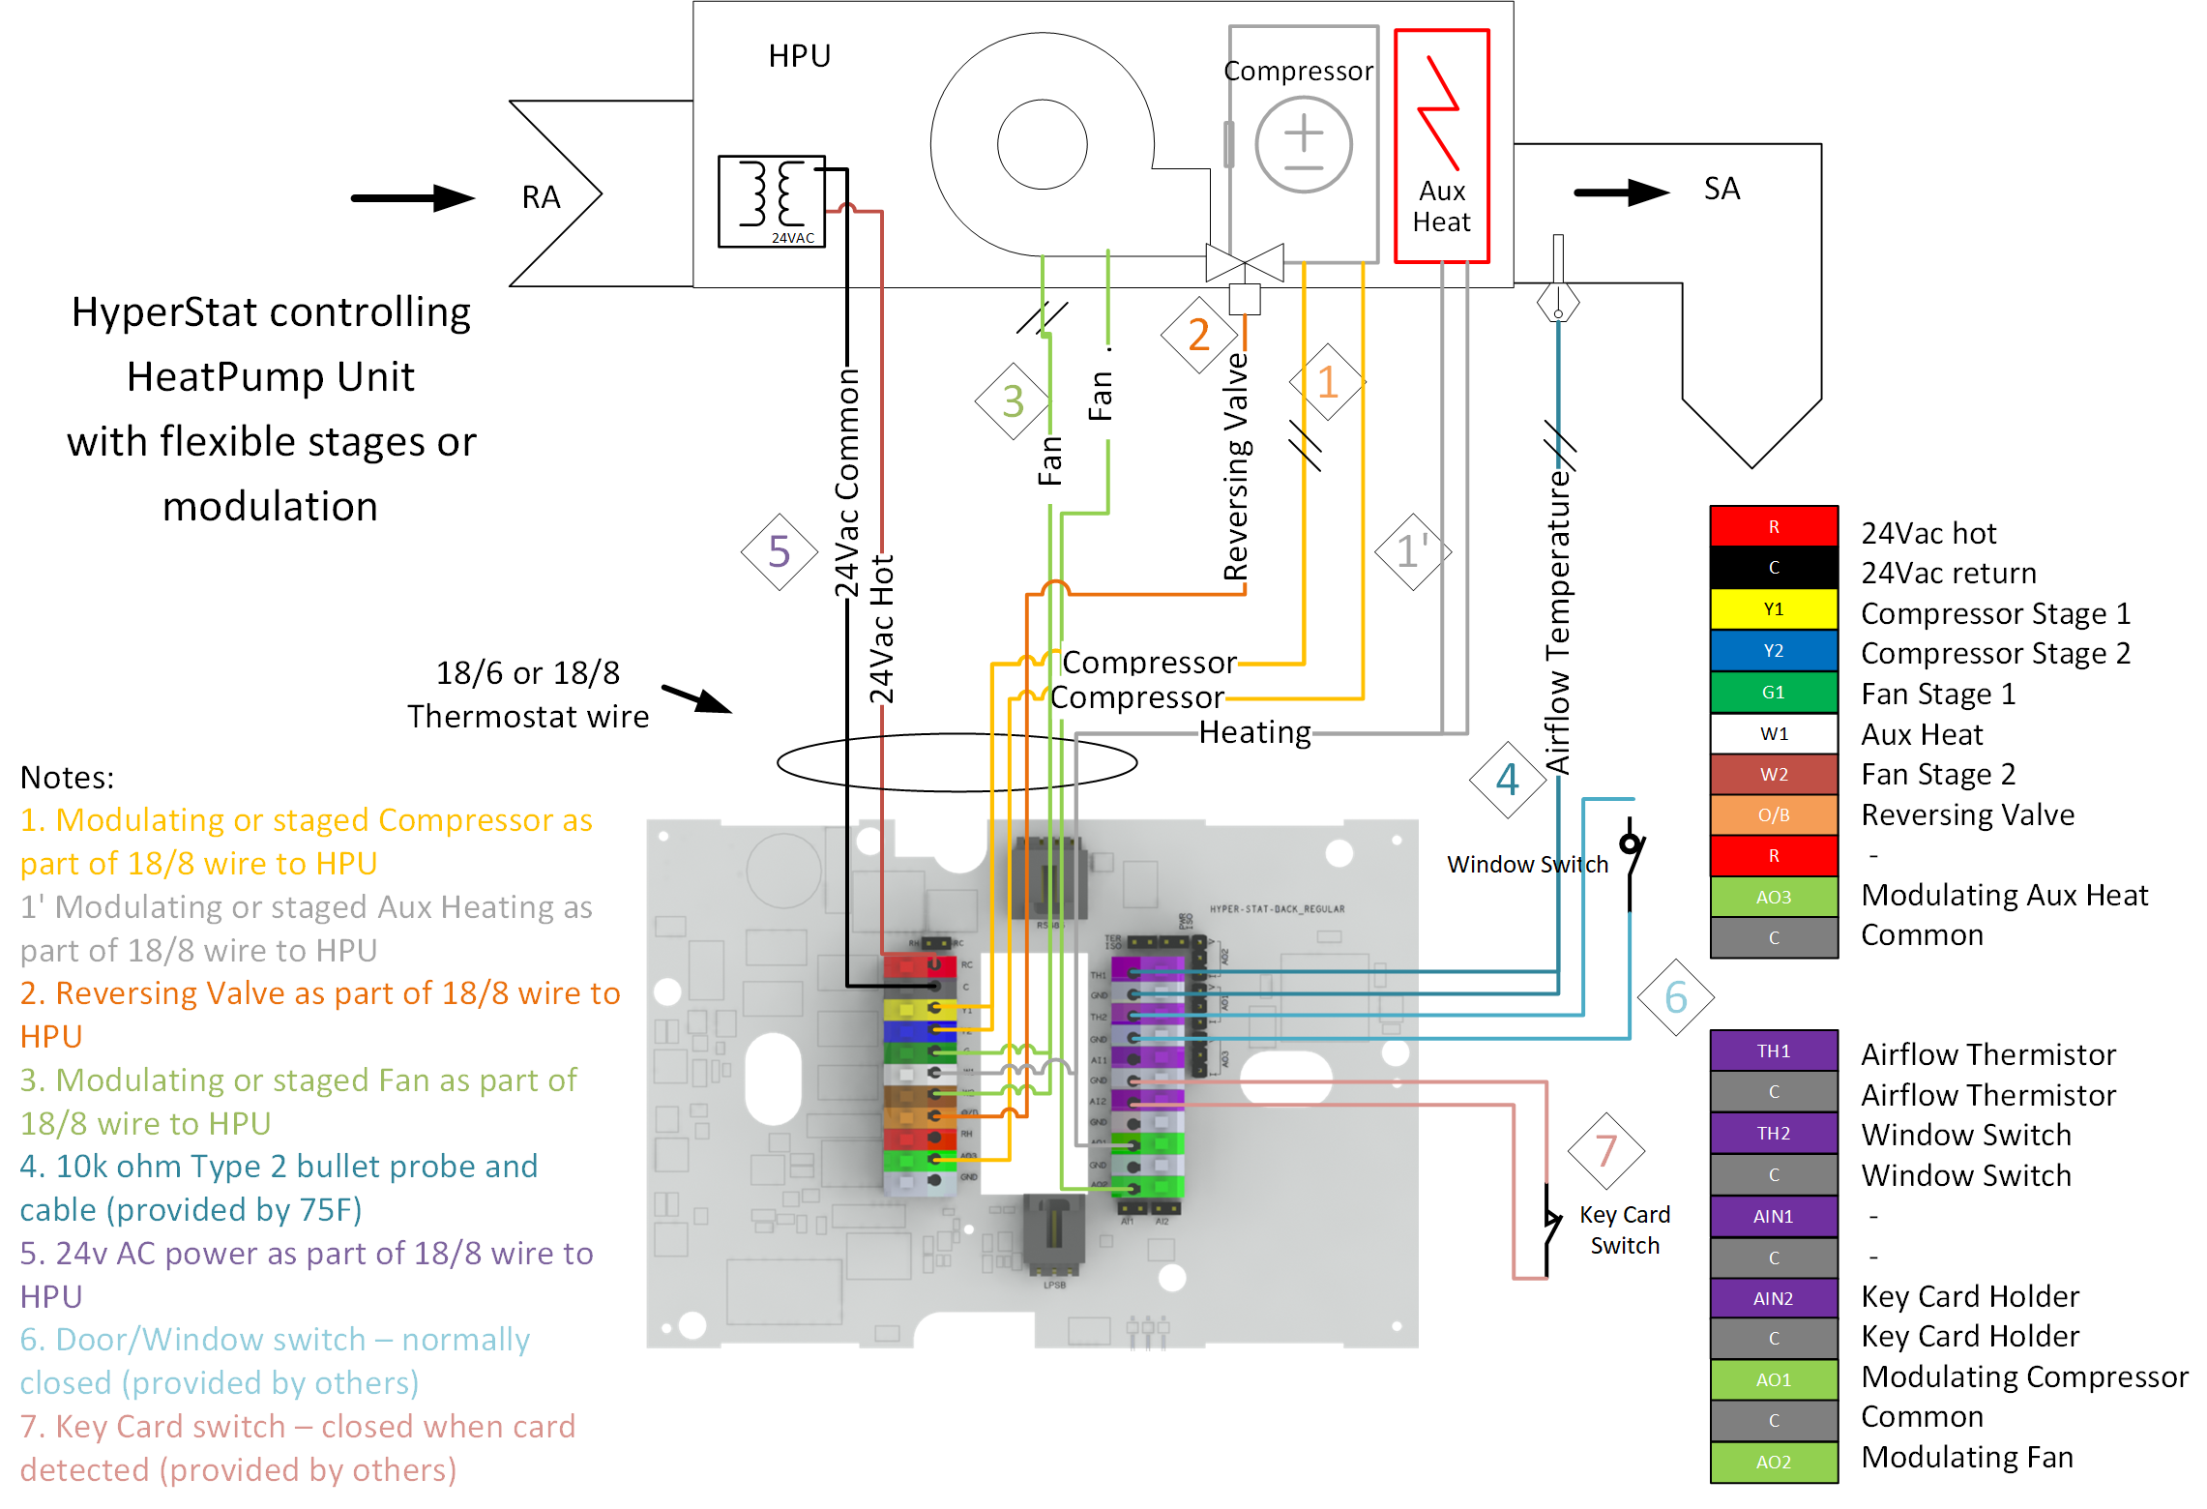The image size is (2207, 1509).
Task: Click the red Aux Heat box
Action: [1441, 145]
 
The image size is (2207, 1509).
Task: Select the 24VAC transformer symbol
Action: [771, 201]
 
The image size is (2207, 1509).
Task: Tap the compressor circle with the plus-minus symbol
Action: [1303, 144]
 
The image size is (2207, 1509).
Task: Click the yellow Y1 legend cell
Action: [1773, 609]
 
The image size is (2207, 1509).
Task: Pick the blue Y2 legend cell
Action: [1773, 651]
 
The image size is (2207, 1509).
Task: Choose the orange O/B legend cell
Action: [1773, 815]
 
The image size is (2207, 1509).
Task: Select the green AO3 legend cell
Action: [1773, 897]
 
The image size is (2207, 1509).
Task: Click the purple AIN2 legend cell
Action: [1773, 1298]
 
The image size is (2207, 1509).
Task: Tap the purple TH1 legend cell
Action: [1773, 1050]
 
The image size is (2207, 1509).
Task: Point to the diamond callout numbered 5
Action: [780, 552]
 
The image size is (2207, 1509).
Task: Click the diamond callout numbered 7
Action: [1605, 1151]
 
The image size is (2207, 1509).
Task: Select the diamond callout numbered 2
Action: [1199, 335]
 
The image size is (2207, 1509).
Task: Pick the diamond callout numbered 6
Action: [1676, 997]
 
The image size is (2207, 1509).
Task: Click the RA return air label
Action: [541, 197]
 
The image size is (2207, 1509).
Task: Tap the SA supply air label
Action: [1721, 189]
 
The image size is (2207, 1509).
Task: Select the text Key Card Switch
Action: [1625, 1229]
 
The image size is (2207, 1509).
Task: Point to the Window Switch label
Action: [1527, 864]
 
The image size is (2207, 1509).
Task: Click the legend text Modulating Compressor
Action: [2024, 1376]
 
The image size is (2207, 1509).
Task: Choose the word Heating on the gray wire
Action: [1254, 732]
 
